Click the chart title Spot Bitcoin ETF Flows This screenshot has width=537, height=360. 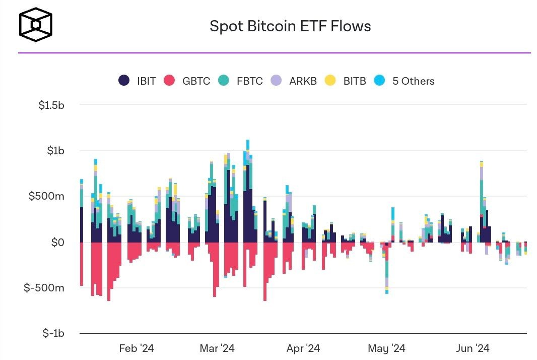pyautogui.click(x=290, y=26)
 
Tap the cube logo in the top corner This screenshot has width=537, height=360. pyautogui.click(x=35, y=24)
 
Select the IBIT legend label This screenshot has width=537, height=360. pyautogui.click(x=147, y=81)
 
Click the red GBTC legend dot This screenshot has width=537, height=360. pyautogui.click(x=170, y=81)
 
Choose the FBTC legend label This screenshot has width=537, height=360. pyautogui.click(x=249, y=81)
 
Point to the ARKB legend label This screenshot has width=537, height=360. pyautogui.click(x=303, y=81)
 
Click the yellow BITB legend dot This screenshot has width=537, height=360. pyautogui.click(x=330, y=81)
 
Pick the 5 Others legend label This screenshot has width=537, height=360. pyautogui.click(x=413, y=81)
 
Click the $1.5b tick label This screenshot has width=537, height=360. pyautogui.click(x=51, y=105)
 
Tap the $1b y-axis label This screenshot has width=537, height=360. pyautogui.click(x=55, y=151)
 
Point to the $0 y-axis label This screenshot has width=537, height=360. pyautogui.click(x=57, y=242)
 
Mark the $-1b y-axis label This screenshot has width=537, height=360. pyautogui.click(x=52, y=333)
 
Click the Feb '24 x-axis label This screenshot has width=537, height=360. pyautogui.click(x=137, y=348)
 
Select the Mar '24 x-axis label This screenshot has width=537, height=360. pyautogui.click(x=217, y=348)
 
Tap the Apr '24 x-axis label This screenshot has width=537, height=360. pyautogui.click(x=303, y=348)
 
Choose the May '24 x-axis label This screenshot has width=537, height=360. pyautogui.click(x=386, y=348)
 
